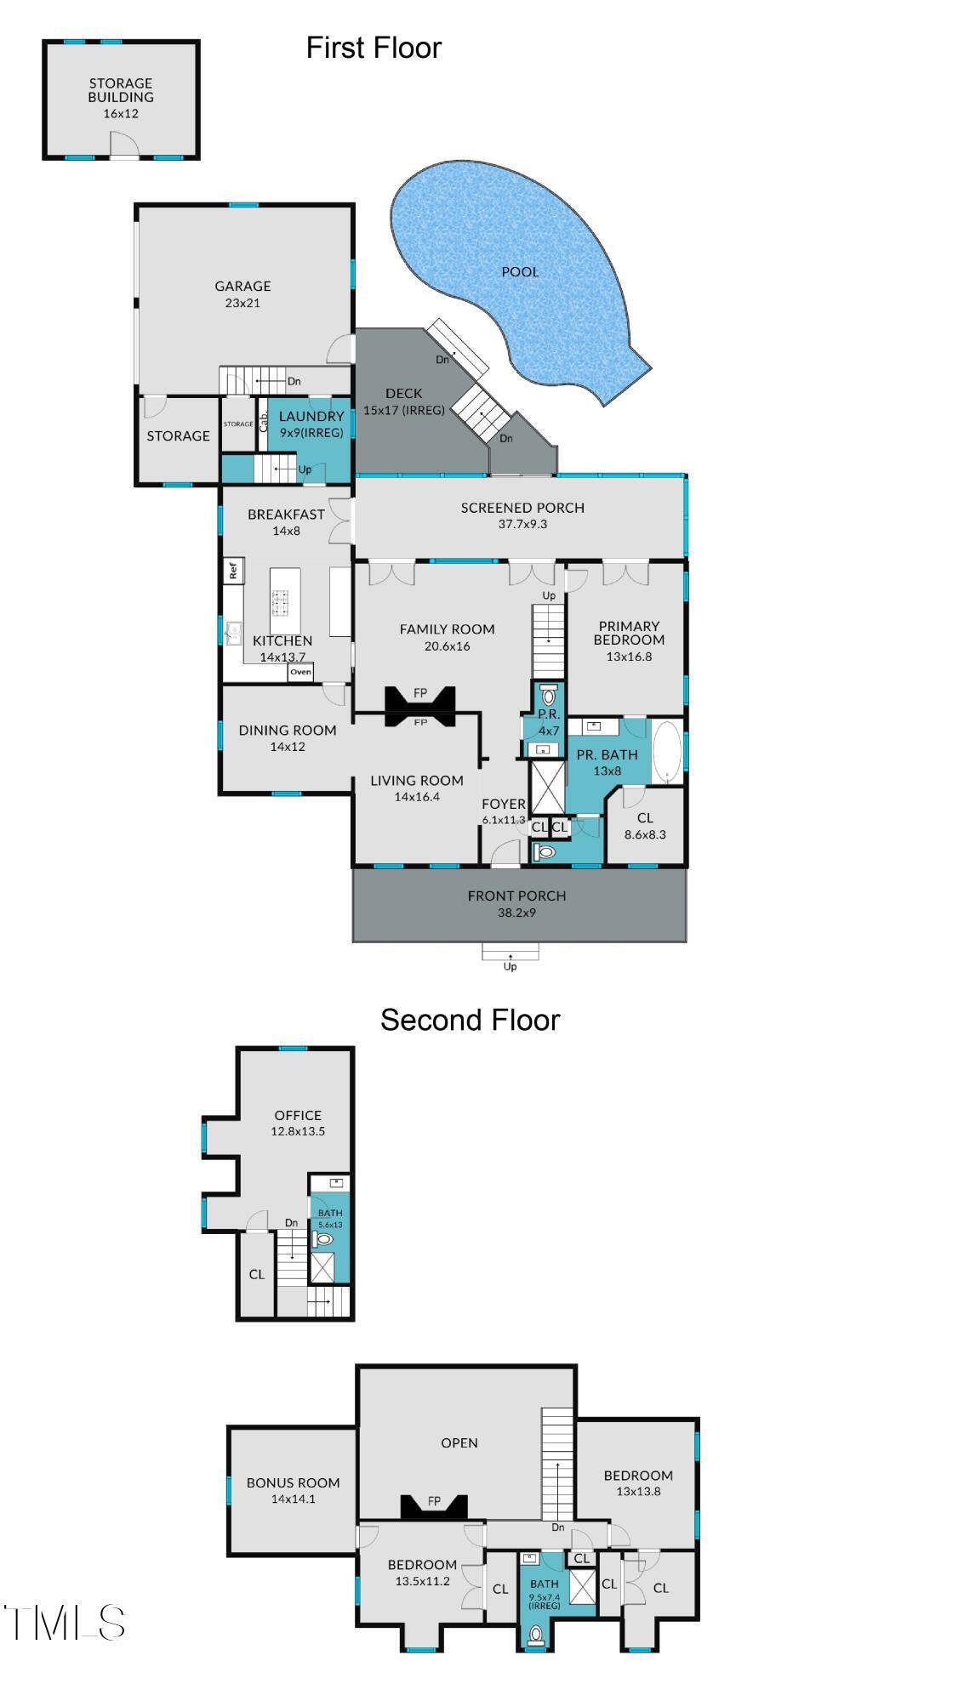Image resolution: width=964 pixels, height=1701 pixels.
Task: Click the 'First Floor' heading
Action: (x=374, y=48)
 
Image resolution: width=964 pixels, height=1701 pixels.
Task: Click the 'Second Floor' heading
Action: (x=470, y=1020)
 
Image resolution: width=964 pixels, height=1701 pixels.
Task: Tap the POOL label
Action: (x=520, y=272)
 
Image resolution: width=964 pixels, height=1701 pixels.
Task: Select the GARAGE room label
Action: (x=242, y=287)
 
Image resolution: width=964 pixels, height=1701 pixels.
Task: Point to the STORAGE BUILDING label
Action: (x=121, y=90)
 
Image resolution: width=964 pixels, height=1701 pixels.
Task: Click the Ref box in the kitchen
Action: (x=233, y=570)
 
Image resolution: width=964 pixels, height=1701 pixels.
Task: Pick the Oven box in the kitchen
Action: (x=300, y=672)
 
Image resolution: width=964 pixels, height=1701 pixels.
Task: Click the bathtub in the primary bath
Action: (x=667, y=753)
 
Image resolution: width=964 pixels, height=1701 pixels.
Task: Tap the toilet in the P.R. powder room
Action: (x=549, y=695)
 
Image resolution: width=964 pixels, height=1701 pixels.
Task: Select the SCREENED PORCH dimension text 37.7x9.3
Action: (x=522, y=524)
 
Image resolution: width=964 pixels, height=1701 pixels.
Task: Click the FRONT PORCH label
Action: (x=516, y=896)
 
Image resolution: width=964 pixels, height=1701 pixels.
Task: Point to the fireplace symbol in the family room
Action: (x=420, y=706)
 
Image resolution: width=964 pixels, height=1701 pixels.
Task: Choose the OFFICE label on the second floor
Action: (x=298, y=1115)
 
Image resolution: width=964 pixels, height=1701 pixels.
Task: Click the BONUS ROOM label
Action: (x=293, y=1482)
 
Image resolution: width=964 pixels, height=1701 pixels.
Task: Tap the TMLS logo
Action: (x=65, y=1623)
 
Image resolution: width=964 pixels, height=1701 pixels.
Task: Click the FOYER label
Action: (x=504, y=804)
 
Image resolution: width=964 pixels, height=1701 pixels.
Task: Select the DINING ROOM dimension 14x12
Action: (x=288, y=747)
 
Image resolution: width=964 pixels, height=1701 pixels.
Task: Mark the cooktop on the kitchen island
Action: (x=281, y=602)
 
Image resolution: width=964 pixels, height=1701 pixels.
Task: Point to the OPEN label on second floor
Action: (x=459, y=1442)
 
